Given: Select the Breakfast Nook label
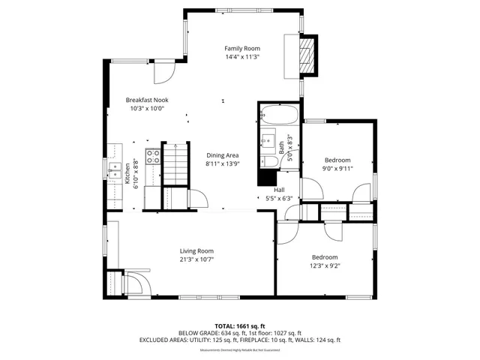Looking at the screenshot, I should [x=147, y=100].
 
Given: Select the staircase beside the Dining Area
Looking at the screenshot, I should [x=177, y=162].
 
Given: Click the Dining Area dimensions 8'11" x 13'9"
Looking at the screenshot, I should [x=222, y=163].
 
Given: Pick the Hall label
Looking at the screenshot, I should [x=279, y=190].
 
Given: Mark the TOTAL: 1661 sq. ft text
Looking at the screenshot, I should [x=239, y=326].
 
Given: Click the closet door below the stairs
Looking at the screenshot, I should [x=196, y=199].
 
